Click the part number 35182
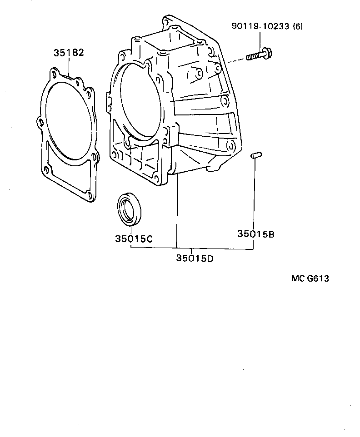click(x=69, y=52)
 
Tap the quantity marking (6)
click(x=298, y=26)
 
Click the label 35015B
click(x=255, y=234)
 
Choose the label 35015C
click(x=134, y=238)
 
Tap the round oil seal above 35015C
click(x=130, y=209)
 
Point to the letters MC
click(x=298, y=278)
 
